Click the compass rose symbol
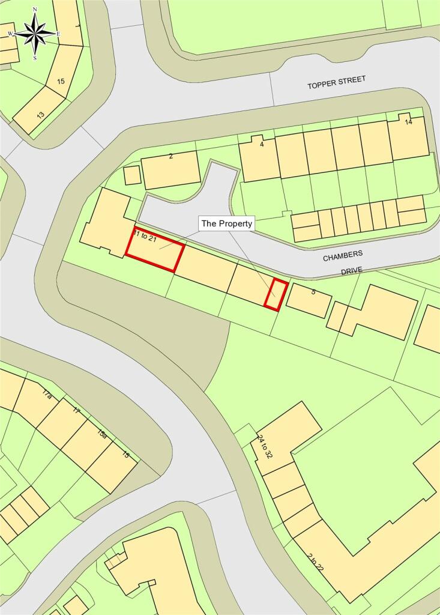coord(35,34)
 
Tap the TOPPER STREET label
coord(336,83)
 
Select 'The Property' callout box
coord(227,223)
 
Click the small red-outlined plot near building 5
coord(277,294)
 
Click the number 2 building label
coord(171,157)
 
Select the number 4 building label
coord(262,144)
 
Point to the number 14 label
coord(409,122)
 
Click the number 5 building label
coord(313,292)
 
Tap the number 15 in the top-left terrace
coord(61,81)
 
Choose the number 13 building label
coord(40,114)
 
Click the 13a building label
coord(103,434)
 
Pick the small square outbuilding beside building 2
coord(132,175)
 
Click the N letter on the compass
coord(35,10)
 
